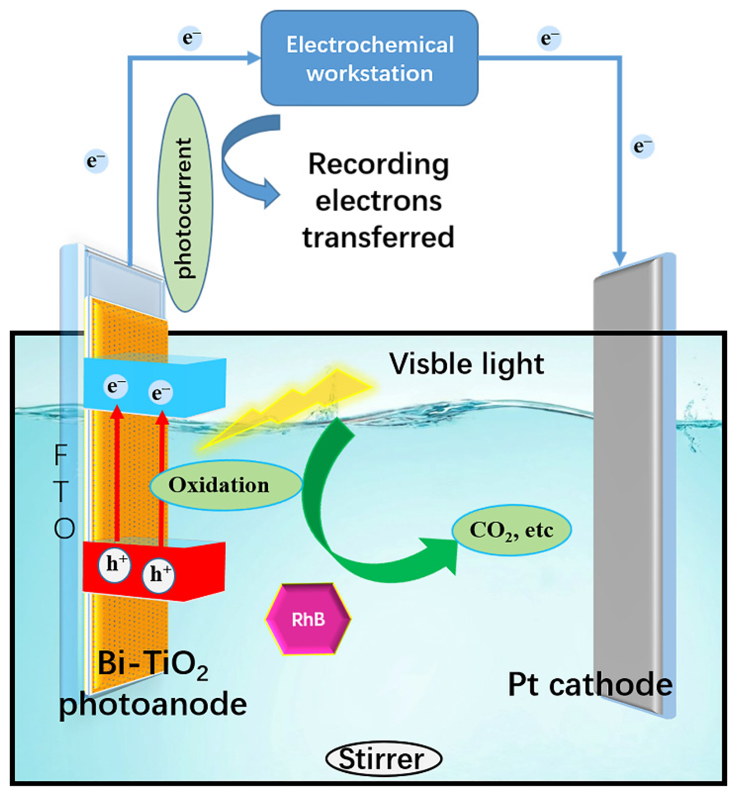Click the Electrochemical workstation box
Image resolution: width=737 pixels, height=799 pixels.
click(x=369, y=58)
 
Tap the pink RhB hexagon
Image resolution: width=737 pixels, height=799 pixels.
click(x=308, y=619)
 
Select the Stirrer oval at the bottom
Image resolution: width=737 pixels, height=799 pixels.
click(x=383, y=759)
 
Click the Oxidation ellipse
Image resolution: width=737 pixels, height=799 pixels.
click(x=226, y=485)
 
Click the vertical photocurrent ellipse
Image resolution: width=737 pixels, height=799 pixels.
click(x=185, y=203)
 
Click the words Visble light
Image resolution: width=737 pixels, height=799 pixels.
click(x=466, y=364)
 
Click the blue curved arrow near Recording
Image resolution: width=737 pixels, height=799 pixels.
click(x=243, y=160)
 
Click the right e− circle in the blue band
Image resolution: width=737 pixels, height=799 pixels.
click(x=161, y=393)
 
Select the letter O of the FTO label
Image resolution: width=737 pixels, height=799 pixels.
click(x=64, y=529)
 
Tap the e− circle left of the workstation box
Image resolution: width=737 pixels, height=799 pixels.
click(x=190, y=38)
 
